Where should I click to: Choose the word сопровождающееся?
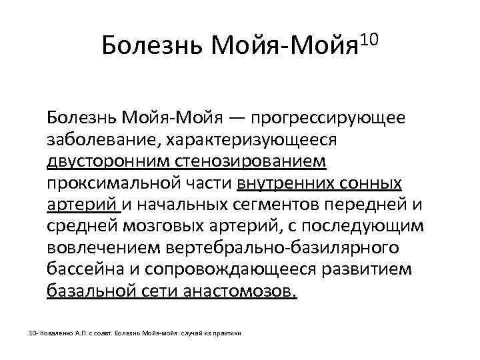click(x=225, y=269)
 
